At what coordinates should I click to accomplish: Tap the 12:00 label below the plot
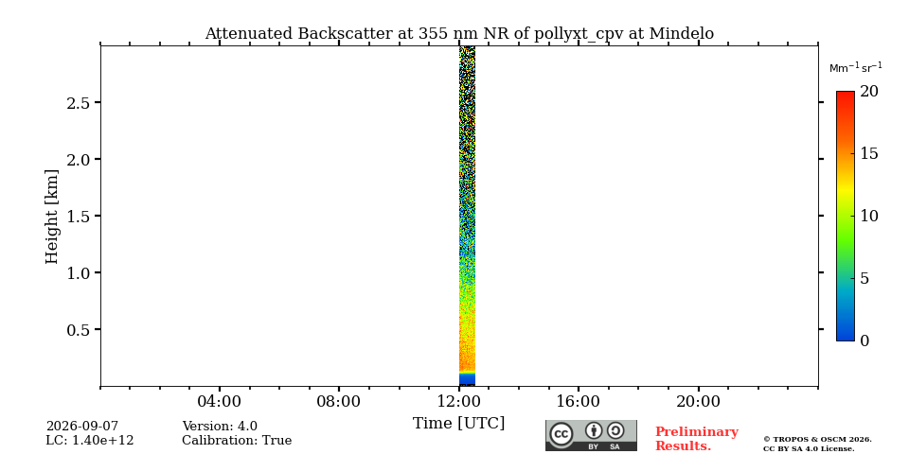(459, 402)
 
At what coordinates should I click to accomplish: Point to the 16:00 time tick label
(579, 402)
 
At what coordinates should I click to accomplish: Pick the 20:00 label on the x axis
(698, 402)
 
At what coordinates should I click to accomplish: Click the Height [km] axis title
(52, 217)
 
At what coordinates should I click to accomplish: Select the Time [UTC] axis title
(458, 424)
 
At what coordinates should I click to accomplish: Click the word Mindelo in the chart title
(681, 34)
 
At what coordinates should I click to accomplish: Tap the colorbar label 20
(868, 92)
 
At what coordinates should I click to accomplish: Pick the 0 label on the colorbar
(864, 341)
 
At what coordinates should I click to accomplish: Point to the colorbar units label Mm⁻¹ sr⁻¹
(856, 68)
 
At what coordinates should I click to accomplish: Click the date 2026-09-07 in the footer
(82, 428)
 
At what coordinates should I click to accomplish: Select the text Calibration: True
(237, 441)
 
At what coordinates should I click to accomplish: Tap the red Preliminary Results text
(696, 439)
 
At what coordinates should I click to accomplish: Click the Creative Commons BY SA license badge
(591, 435)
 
